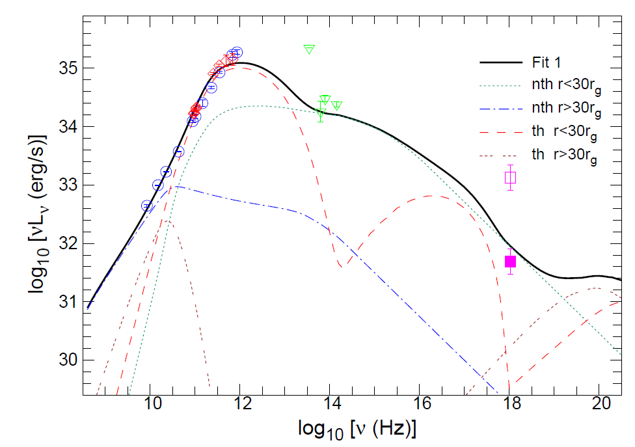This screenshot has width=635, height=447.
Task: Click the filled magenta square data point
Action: point(511,262)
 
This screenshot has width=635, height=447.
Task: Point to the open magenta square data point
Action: point(511,177)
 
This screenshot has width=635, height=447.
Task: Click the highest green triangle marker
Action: point(309,49)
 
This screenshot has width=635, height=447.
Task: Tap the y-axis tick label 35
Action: point(68,68)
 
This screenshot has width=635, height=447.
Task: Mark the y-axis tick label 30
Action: point(68,360)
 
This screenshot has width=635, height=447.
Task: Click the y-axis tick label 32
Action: point(68,243)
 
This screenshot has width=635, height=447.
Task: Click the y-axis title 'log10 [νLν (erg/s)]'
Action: point(39,215)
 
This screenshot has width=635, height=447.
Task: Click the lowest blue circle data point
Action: point(146,206)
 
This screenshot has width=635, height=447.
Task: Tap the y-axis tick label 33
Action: point(68,185)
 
